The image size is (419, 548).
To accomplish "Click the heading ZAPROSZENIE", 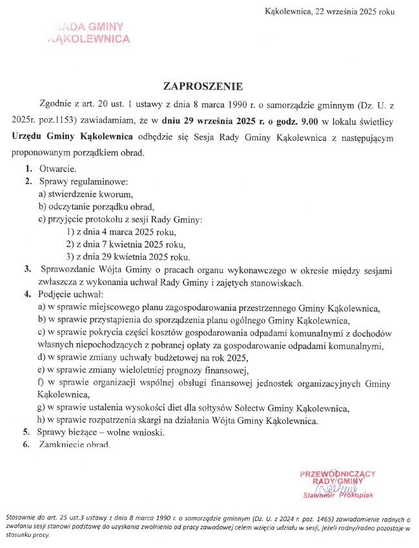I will click(208, 86).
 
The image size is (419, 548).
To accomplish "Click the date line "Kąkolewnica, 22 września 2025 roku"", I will click(329, 12).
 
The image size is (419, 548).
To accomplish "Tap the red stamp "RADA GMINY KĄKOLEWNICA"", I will click(89, 32).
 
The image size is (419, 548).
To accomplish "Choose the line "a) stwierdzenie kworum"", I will click(86, 195).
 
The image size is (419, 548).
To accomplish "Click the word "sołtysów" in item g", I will click(221, 408).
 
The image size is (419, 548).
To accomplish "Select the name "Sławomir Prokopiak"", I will click(339, 496).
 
